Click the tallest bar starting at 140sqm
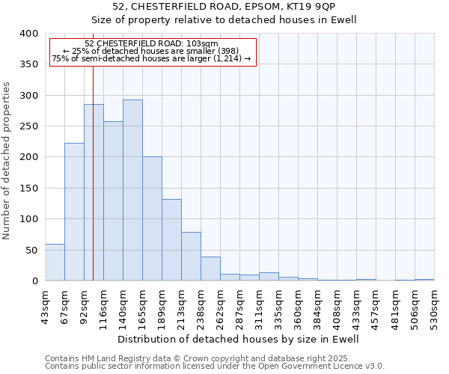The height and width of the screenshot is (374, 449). (132, 190)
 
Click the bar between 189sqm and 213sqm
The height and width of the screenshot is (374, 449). (171, 239)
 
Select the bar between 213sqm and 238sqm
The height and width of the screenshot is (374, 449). (191, 256)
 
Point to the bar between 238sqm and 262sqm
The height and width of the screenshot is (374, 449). (210, 269)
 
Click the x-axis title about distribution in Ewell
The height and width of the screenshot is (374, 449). (239, 339)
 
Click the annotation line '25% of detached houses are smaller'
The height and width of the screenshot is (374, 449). (153, 51)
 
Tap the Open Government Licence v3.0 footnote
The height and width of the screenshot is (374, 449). (215, 367)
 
